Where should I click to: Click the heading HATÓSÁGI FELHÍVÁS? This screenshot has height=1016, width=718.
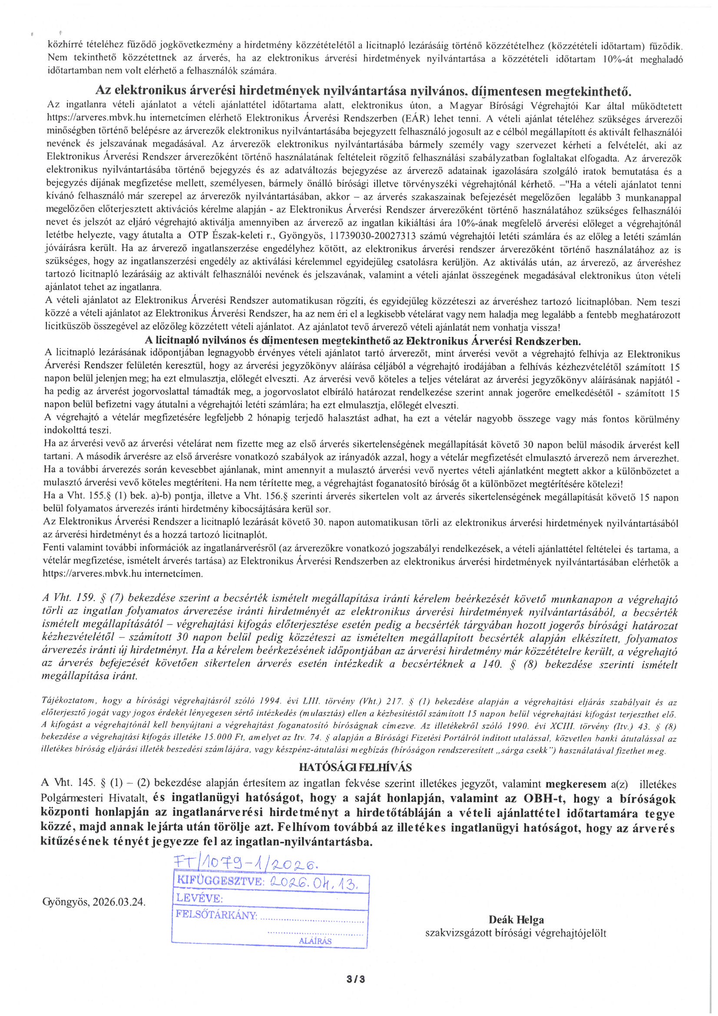tap(355, 767)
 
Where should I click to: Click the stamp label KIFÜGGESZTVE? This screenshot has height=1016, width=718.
tap(219, 880)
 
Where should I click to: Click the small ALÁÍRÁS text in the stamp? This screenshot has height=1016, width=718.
tap(315, 941)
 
